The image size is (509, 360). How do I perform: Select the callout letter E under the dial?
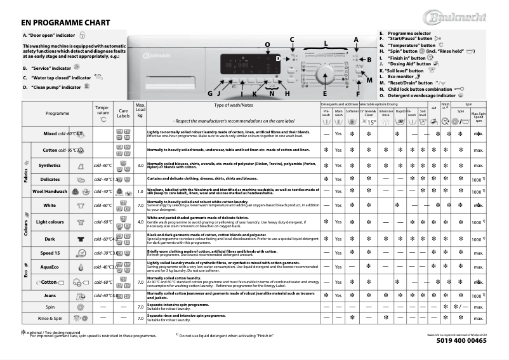coord(324,93)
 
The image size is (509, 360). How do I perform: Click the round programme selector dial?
coord(326,74)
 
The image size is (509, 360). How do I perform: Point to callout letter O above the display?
coord(267,44)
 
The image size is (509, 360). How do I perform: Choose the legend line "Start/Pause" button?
coord(409,39)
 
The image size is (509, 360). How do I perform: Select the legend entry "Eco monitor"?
coord(406,77)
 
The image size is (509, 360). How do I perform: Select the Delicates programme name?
coord(50,179)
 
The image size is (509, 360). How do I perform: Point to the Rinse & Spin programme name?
coord(50,317)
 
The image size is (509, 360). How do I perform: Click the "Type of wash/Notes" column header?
coord(234,105)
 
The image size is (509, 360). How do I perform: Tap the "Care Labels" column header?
coord(124,113)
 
